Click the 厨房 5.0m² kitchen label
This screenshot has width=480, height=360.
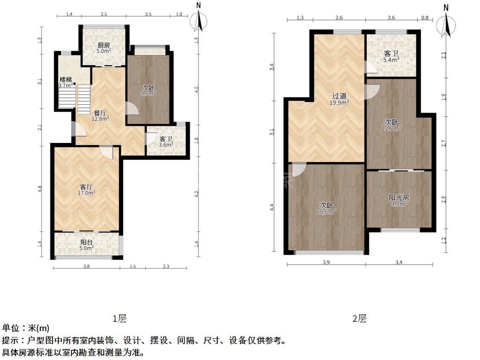tap(104, 47)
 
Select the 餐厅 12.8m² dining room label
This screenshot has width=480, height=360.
tap(100, 116)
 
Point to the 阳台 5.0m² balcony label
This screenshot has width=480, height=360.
tap(87, 245)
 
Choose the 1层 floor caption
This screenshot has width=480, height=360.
tap(119, 319)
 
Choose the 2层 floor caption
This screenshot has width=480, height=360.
tap(359, 319)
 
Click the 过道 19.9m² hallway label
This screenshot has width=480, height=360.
tap(340, 99)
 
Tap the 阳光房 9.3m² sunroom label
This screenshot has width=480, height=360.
tap(399, 200)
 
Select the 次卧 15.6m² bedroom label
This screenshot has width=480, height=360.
tap(326, 208)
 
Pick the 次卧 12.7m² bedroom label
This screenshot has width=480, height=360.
tap(391, 125)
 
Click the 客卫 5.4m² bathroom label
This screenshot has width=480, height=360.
tap(391, 57)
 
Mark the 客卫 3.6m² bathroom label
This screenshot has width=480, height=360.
tap(166, 142)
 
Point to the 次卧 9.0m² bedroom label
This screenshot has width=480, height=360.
tap(148, 90)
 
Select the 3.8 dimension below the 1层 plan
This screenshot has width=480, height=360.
tap(86, 266)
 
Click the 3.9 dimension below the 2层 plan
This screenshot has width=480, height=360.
tap(326, 262)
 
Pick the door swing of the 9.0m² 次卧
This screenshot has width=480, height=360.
tap(132, 109)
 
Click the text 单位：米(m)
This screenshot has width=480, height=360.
tap(26, 328)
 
